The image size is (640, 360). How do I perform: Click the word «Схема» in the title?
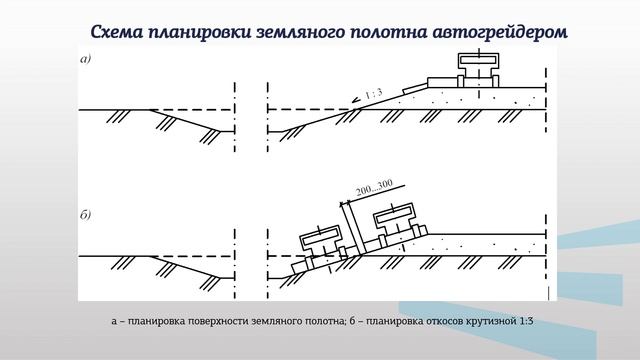121,31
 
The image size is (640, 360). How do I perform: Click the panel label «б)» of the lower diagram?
85,213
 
